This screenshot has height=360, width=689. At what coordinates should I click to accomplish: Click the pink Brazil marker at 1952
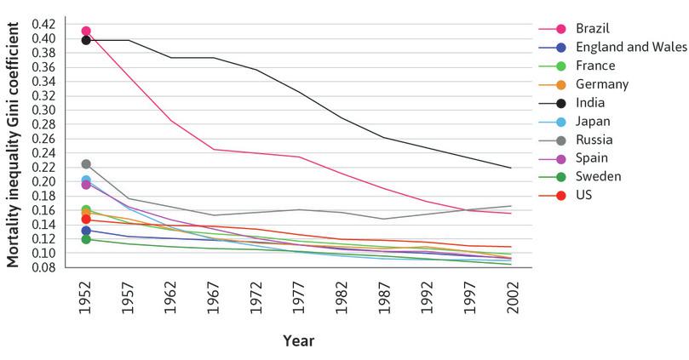[86, 31]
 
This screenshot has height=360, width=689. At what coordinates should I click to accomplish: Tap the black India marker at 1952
[86, 40]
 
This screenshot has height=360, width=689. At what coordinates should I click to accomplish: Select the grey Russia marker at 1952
[86, 164]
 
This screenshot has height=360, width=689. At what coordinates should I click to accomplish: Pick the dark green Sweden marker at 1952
[86, 239]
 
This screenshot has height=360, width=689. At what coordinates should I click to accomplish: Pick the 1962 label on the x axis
[170, 299]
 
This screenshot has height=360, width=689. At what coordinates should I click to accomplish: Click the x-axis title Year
[298, 341]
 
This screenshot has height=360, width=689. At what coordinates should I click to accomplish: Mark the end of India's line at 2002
[511, 168]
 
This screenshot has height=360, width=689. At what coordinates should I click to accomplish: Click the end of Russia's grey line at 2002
[511, 206]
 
